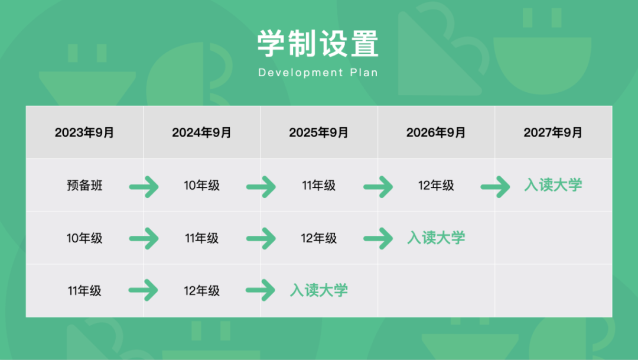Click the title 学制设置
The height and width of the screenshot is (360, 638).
coord(318,43)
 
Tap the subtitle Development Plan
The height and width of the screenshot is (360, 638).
coord(318,73)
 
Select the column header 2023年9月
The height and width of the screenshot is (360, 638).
coord(84,132)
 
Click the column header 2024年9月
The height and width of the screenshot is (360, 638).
coord(201,132)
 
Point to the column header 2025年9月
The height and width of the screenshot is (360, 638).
coord(318,132)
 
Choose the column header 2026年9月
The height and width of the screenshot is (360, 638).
coord(436,132)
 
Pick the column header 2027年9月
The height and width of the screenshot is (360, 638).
coord(553,132)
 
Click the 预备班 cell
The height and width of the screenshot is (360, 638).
coord(84,185)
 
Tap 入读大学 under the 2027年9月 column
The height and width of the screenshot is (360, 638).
coord(553,185)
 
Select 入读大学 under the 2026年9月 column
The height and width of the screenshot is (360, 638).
coord(436,238)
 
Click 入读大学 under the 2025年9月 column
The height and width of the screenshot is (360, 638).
coord(318,290)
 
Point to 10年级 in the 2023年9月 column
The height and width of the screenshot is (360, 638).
coord(84,238)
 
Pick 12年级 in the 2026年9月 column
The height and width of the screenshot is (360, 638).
coord(436,185)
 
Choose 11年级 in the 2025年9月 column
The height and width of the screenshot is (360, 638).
coord(318,185)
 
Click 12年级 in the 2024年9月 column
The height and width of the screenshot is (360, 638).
coord(201,290)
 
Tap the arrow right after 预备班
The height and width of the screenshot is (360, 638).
coord(144,187)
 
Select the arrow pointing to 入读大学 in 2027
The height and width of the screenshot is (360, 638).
coord(495,187)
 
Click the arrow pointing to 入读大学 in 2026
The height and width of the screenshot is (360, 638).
coord(378,238)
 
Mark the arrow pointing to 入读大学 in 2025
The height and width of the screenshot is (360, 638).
coord(261,290)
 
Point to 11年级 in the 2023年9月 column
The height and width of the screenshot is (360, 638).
coord(84,290)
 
